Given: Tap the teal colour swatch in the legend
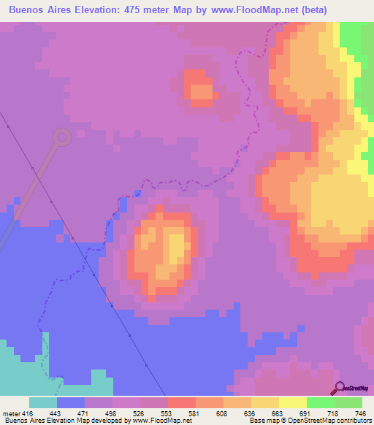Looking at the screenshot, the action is click(x=43, y=402).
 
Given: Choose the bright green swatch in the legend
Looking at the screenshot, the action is click(x=321, y=402).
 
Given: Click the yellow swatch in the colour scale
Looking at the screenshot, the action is click(x=293, y=402).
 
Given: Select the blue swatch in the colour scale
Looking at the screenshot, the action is click(x=71, y=402).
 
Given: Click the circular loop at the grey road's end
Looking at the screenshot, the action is click(x=62, y=136).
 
